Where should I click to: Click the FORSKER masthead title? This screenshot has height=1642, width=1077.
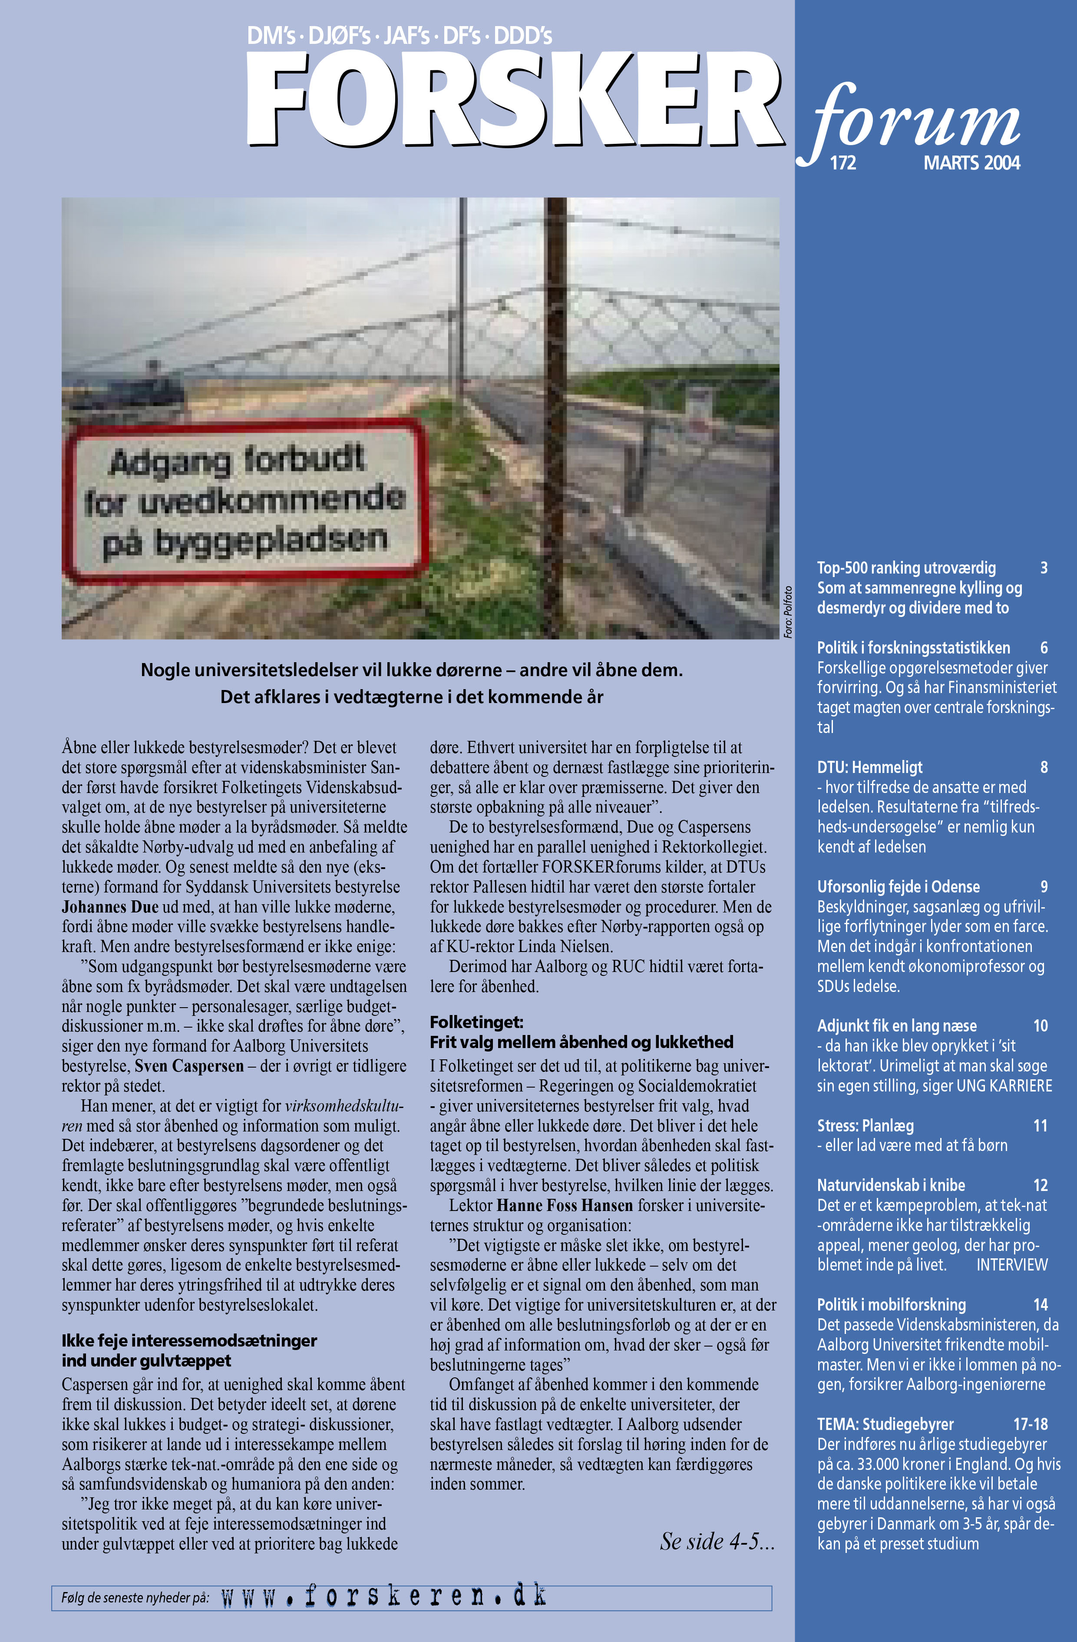point(514,100)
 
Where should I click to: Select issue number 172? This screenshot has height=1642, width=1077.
point(842,163)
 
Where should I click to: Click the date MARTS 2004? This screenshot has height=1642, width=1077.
point(971,163)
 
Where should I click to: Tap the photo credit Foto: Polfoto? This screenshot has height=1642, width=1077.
point(788,612)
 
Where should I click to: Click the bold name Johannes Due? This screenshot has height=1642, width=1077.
point(110,906)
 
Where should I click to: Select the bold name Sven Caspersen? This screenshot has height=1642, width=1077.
point(189,1066)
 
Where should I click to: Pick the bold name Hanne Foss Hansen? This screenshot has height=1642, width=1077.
point(564,1205)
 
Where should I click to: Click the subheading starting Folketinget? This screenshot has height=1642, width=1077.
point(476,1022)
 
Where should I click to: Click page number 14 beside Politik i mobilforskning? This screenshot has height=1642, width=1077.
point(1041,1305)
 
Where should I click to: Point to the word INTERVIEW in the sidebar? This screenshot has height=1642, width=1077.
point(1011,1264)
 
